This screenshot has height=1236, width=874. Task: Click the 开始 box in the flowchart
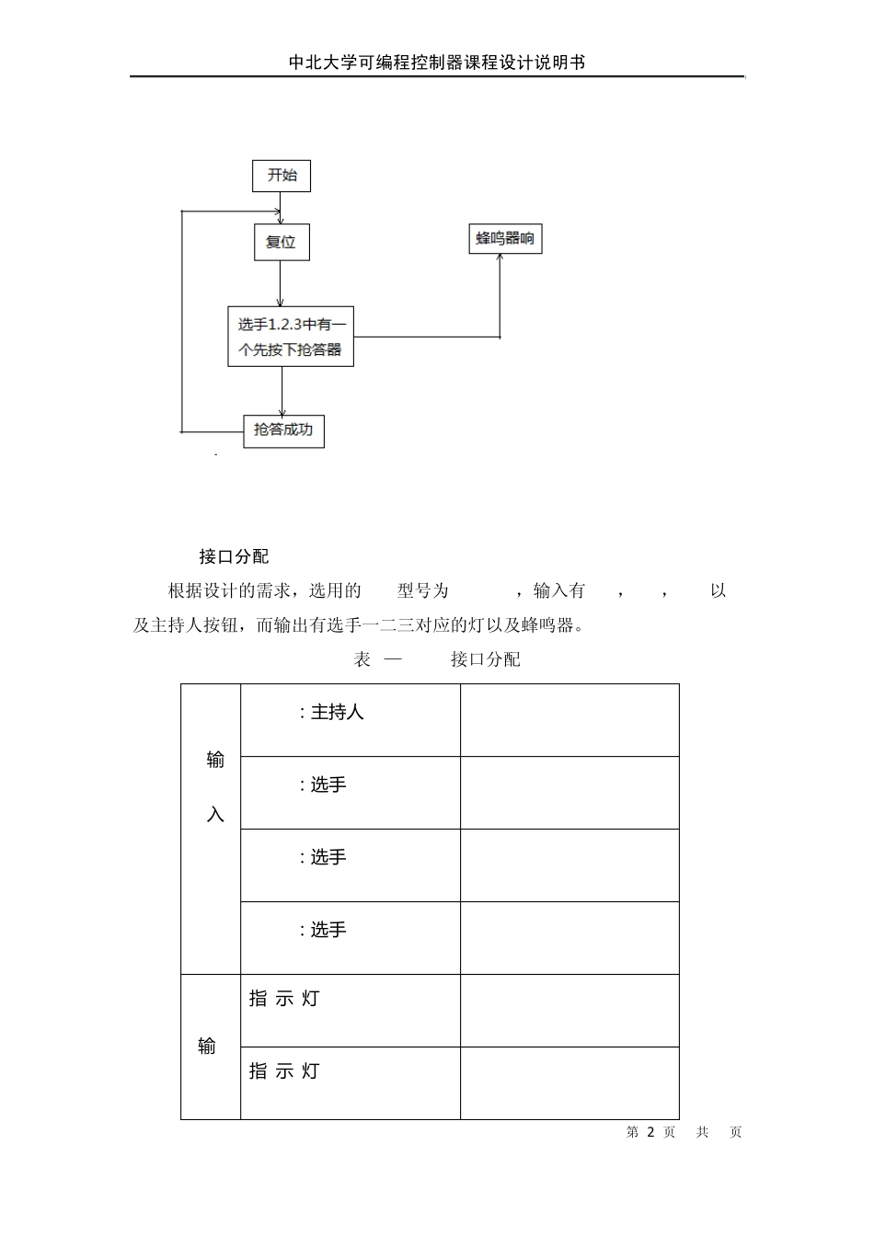282,176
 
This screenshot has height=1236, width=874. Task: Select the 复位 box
282,243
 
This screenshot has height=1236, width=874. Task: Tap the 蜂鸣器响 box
505,239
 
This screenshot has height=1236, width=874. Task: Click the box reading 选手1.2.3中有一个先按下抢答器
291,337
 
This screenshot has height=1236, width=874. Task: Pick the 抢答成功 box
283,430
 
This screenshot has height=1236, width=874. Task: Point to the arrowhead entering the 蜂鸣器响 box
500,258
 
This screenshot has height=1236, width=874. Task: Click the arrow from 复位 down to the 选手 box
282,283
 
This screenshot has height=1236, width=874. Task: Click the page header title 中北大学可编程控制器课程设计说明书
437,63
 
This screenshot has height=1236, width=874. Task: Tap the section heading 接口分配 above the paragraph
234,556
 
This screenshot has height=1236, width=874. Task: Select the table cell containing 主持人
350,720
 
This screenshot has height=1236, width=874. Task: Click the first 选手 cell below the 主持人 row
350,793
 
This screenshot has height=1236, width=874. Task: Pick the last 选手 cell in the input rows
350,938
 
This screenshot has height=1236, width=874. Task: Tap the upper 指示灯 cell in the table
350,1010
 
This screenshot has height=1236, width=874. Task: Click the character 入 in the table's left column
215,815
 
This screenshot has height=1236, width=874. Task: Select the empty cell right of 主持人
569,720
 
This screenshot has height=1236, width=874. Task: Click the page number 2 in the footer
650,1132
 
